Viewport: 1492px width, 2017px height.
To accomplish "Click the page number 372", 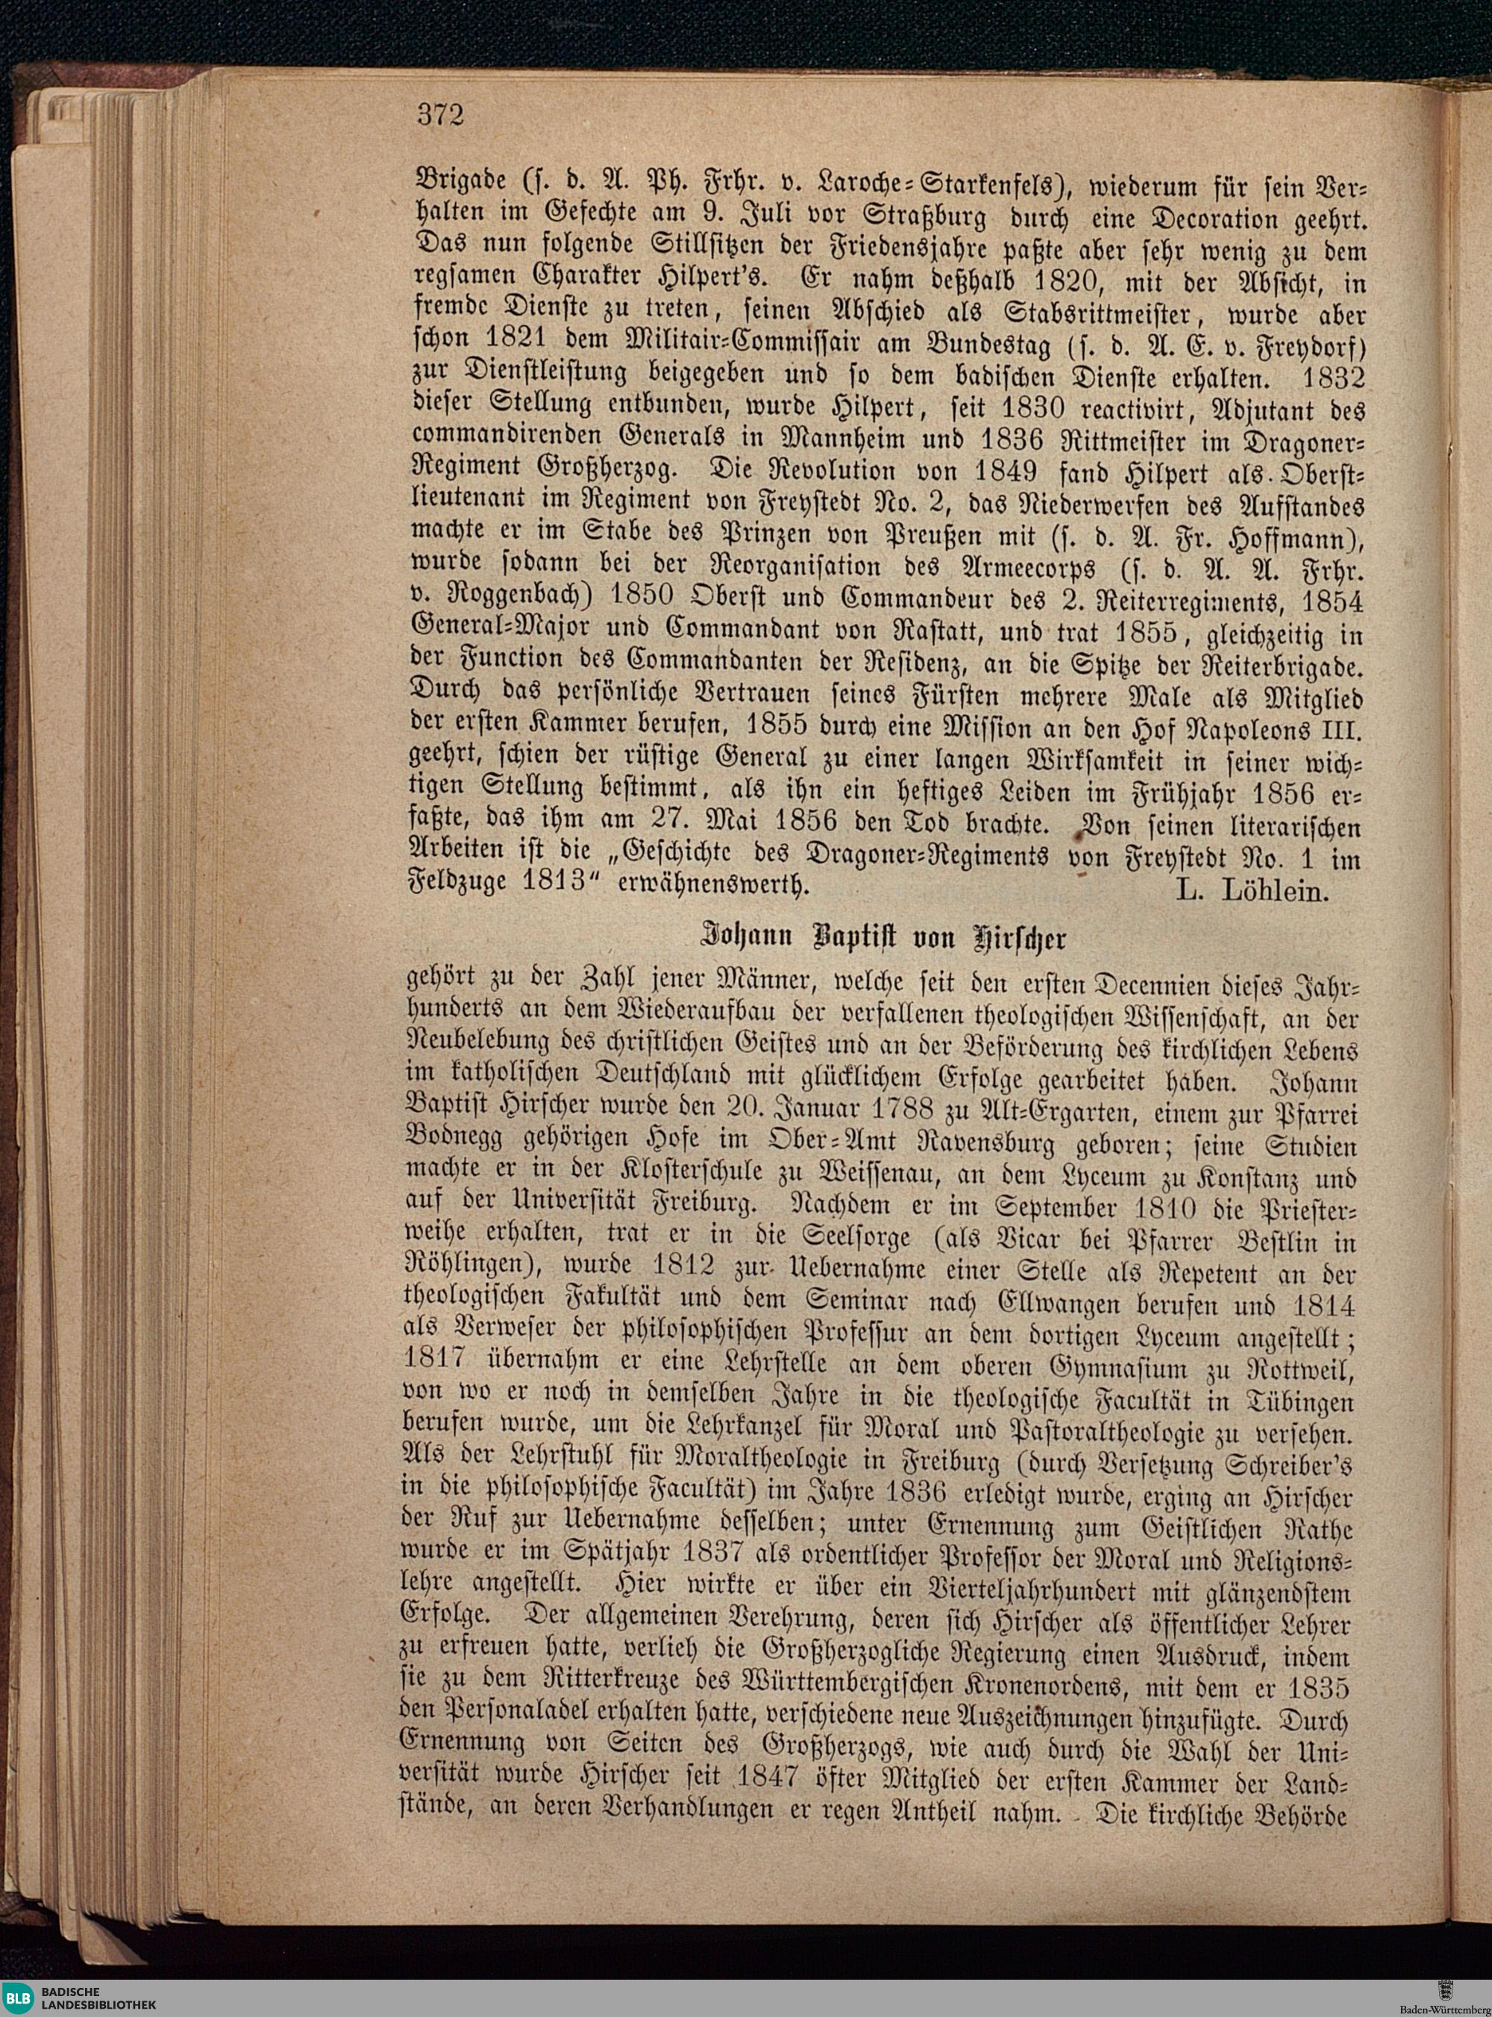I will [x=441, y=115].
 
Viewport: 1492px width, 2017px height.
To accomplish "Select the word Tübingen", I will [x=1300, y=1402].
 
